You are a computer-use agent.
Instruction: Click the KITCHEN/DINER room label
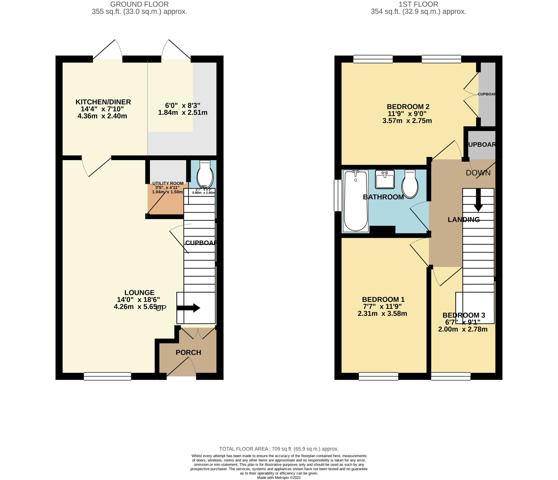103,102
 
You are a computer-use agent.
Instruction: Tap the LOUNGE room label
139,293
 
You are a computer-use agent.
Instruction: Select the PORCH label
188,353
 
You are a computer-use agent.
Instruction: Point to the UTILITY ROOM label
168,183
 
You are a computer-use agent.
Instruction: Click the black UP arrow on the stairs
189,308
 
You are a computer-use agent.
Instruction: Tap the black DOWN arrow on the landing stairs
478,201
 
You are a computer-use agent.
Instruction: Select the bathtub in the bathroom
355,201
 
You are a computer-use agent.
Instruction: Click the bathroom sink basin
385,179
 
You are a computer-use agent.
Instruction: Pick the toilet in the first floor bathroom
410,184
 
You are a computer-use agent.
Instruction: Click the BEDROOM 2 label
408,107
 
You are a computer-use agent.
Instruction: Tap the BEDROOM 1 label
383,300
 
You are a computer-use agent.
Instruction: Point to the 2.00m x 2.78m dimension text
463,329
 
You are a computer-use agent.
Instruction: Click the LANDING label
464,220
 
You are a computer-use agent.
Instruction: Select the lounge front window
107,376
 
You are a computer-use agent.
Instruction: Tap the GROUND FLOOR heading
139,4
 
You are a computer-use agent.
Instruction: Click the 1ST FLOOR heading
418,4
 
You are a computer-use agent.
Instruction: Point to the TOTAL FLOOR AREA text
279,449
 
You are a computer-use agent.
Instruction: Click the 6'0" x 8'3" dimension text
183,106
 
